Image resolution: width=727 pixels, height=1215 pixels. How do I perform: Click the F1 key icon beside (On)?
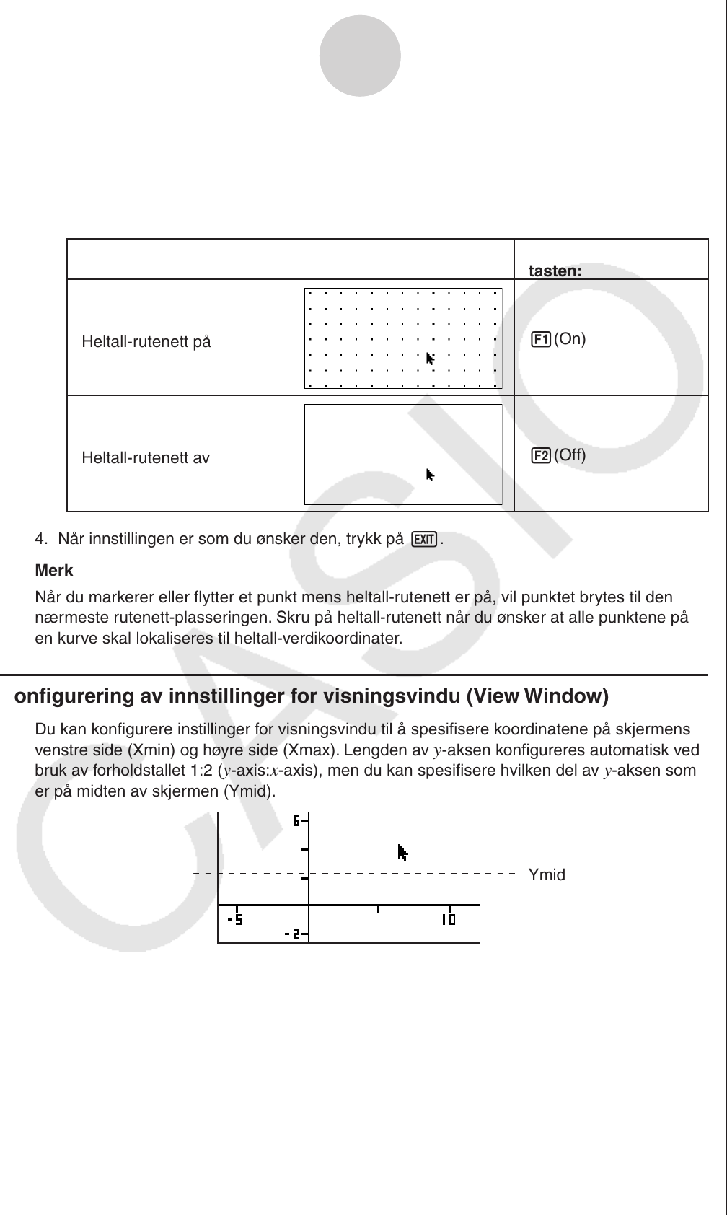[x=541, y=339]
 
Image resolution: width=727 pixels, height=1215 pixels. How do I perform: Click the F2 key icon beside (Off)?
[x=541, y=455]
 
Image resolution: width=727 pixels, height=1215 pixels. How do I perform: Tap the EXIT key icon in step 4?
[x=425, y=539]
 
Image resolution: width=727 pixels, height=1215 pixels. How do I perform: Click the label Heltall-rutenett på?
[x=146, y=342]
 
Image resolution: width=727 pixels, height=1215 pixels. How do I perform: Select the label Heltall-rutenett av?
[x=146, y=458]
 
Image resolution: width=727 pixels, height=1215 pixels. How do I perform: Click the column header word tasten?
[x=555, y=271]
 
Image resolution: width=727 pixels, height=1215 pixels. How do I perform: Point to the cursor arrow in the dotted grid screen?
[x=431, y=359]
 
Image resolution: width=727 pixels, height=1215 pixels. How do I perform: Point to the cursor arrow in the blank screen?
[x=431, y=475]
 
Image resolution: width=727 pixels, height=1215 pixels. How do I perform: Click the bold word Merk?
[x=54, y=571]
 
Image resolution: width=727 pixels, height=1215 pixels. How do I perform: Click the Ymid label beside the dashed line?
[x=547, y=875]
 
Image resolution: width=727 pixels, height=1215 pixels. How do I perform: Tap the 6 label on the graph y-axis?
[x=296, y=820]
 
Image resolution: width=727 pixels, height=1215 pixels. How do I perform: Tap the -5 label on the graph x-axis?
[x=235, y=920]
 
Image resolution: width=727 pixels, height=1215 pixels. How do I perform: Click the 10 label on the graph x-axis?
[x=449, y=920]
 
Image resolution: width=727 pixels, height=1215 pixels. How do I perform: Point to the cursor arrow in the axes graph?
[x=402, y=853]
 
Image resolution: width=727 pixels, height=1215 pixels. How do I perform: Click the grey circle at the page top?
[x=360, y=56]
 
